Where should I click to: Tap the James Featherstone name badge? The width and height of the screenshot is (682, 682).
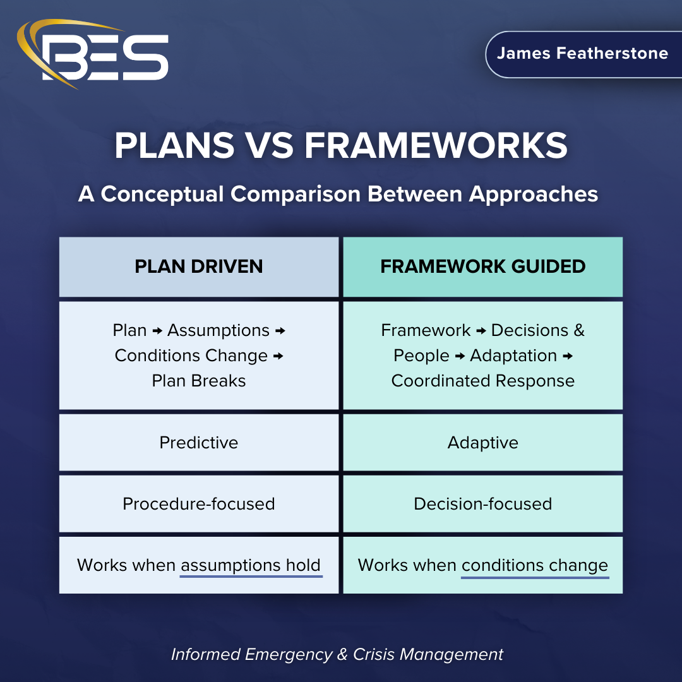[x=582, y=54]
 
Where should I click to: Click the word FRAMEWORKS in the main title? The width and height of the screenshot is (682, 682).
[x=436, y=146]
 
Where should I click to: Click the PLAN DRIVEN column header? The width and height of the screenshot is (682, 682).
[x=199, y=266]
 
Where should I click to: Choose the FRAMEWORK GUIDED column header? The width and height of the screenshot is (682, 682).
[x=482, y=266]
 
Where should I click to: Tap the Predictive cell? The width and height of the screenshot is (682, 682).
[x=199, y=442]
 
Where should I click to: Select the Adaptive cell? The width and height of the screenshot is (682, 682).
[x=482, y=442]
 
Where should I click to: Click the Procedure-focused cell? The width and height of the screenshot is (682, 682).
[x=199, y=503]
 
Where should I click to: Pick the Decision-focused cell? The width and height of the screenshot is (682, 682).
[x=482, y=503]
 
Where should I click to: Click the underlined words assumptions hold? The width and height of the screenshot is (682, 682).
[x=251, y=565]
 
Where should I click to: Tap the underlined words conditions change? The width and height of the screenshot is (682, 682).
[x=534, y=565]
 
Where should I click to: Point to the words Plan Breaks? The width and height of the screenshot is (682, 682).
[x=199, y=381]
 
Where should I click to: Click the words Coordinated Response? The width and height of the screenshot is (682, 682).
[x=482, y=381]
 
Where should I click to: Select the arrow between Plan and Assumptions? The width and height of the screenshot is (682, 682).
[x=157, y=331]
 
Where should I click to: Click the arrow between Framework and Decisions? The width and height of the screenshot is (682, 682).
[x=481, y=331]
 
